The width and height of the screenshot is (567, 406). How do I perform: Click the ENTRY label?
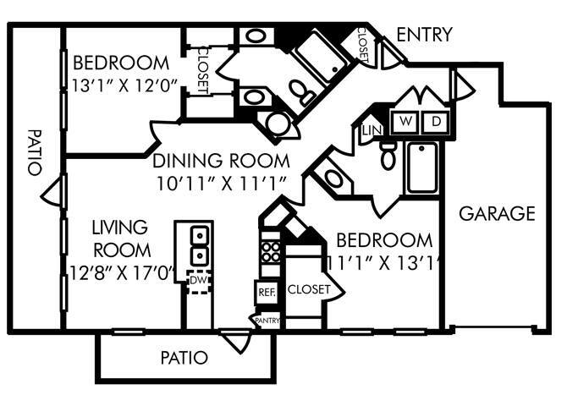[424, 35]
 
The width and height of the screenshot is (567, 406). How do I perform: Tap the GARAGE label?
[497, 213]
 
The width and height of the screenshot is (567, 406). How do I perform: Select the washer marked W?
[405, 122]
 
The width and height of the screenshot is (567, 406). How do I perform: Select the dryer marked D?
[436, 122]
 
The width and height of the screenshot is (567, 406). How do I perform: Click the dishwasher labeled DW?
[198, 281]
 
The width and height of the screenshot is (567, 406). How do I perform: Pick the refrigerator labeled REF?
[267, 292]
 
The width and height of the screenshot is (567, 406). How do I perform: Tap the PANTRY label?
[267, 321]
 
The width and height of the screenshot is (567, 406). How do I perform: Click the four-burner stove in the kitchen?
[271, 252]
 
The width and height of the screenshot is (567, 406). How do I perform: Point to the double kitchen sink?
[199, 246]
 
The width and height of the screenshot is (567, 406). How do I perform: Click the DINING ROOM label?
[221, 161]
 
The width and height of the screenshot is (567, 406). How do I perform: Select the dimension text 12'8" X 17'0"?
[123, 273]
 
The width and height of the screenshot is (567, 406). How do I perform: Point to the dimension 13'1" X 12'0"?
[124, 85]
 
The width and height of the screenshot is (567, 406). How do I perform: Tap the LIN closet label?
[372, 130]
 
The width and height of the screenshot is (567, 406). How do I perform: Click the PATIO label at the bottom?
[184, 358]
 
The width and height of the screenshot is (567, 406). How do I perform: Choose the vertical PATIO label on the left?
[35, 152]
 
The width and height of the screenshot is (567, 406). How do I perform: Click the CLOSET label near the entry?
[363, 45]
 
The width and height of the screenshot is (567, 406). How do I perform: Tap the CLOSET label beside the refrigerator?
[309, 289]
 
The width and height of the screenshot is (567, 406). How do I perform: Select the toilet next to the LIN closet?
[388, 156]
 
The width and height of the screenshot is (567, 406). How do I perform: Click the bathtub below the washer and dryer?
[421, 167]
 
